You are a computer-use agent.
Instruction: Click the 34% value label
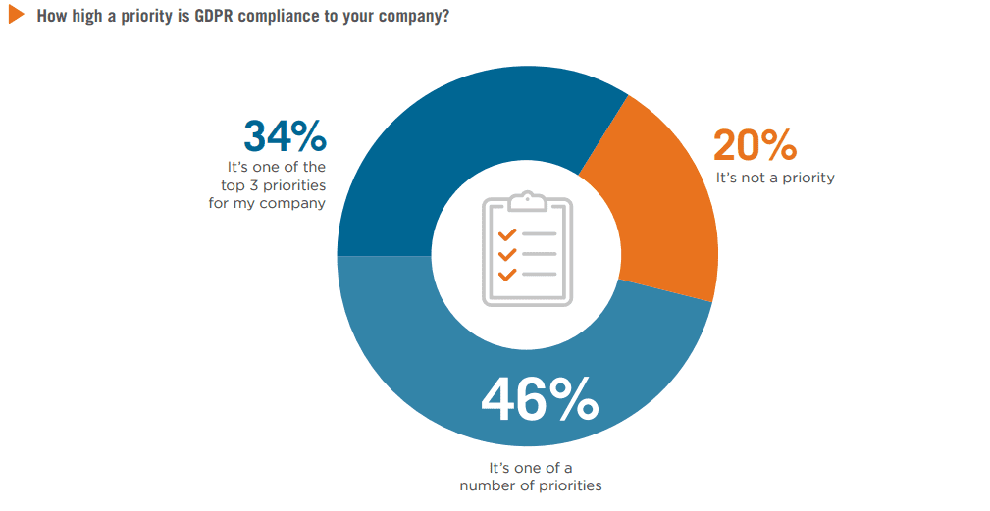point(285,138)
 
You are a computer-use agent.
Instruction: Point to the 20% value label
point(754,146)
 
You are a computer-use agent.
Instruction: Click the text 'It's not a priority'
point(775,178)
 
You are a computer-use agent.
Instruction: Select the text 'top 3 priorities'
point(278,185)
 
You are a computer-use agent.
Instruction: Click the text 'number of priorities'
point(530,485)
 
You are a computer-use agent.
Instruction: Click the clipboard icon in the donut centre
point(527,249)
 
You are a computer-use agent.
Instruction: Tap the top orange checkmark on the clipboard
point(507,234)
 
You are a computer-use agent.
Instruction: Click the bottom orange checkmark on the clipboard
point(507,274)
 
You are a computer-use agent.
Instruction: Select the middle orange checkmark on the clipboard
point(507,254)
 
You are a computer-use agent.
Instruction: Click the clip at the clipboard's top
point(527,199)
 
